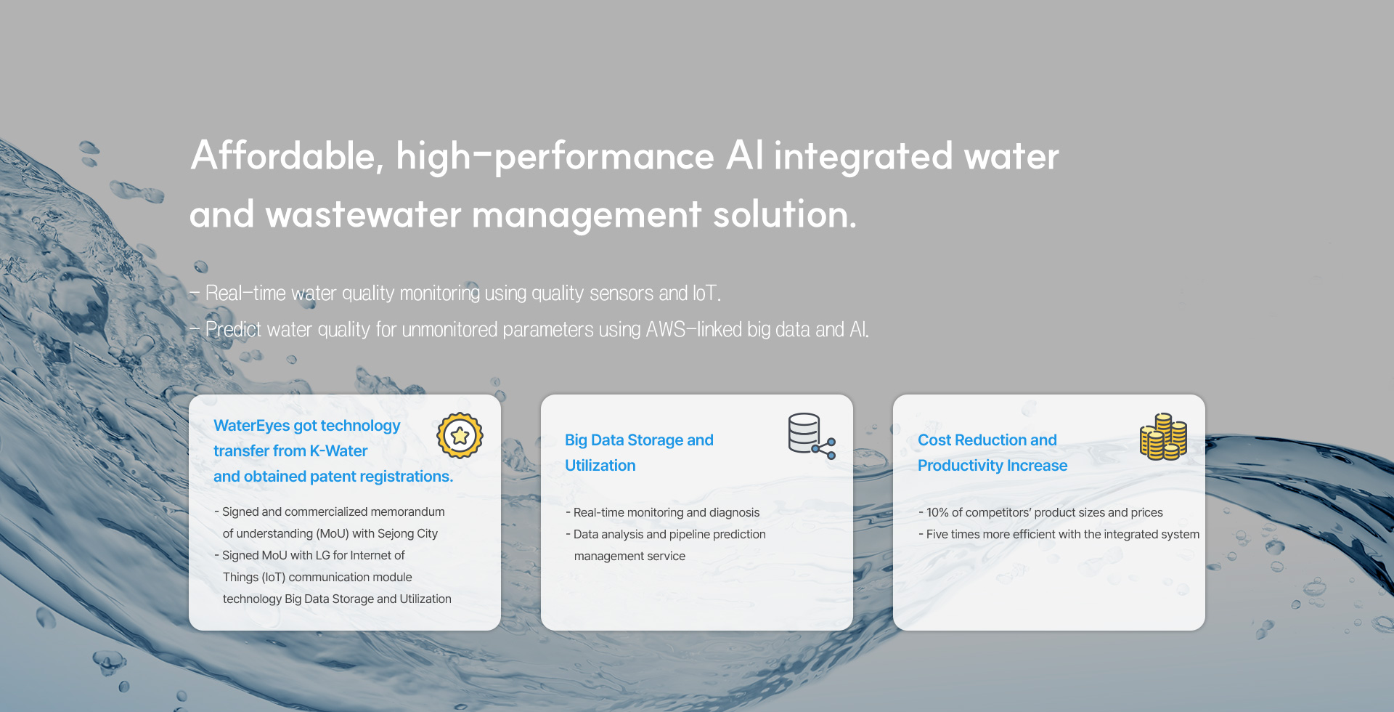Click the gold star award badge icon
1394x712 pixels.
(460, 436)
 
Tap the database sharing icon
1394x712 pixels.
(812, 436)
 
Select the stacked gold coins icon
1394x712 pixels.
(1163, 437)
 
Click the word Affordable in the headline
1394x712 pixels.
(287, 156)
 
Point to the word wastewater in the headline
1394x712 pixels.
(363, 215)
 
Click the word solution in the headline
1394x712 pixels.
(784, 215)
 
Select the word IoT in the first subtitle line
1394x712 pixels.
(705, 293)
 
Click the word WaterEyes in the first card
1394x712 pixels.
(251, 426)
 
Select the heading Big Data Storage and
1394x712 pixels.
(639, 440)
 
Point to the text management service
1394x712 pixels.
(629, 556)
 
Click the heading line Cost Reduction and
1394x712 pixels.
(987, 440)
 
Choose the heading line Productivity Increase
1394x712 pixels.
(992, 466)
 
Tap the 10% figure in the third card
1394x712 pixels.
(937, 512)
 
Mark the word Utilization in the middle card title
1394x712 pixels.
(600, 466)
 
